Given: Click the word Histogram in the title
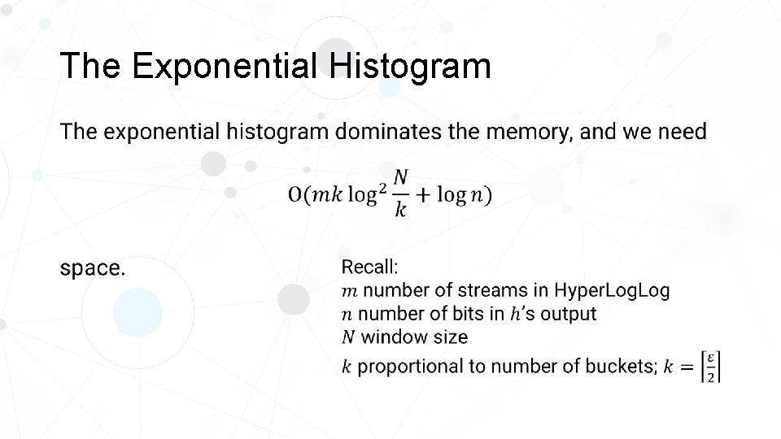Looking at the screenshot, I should (411, 66).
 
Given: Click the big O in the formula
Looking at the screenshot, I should (295, 196).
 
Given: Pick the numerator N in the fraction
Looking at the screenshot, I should (400, 177).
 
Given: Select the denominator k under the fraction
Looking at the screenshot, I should (400, 211).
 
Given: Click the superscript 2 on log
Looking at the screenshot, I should (380, 187).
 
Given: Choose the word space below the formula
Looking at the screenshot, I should (92, 269).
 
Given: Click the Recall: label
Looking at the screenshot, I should (369, 267).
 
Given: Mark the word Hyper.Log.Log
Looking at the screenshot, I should (612, 290).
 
